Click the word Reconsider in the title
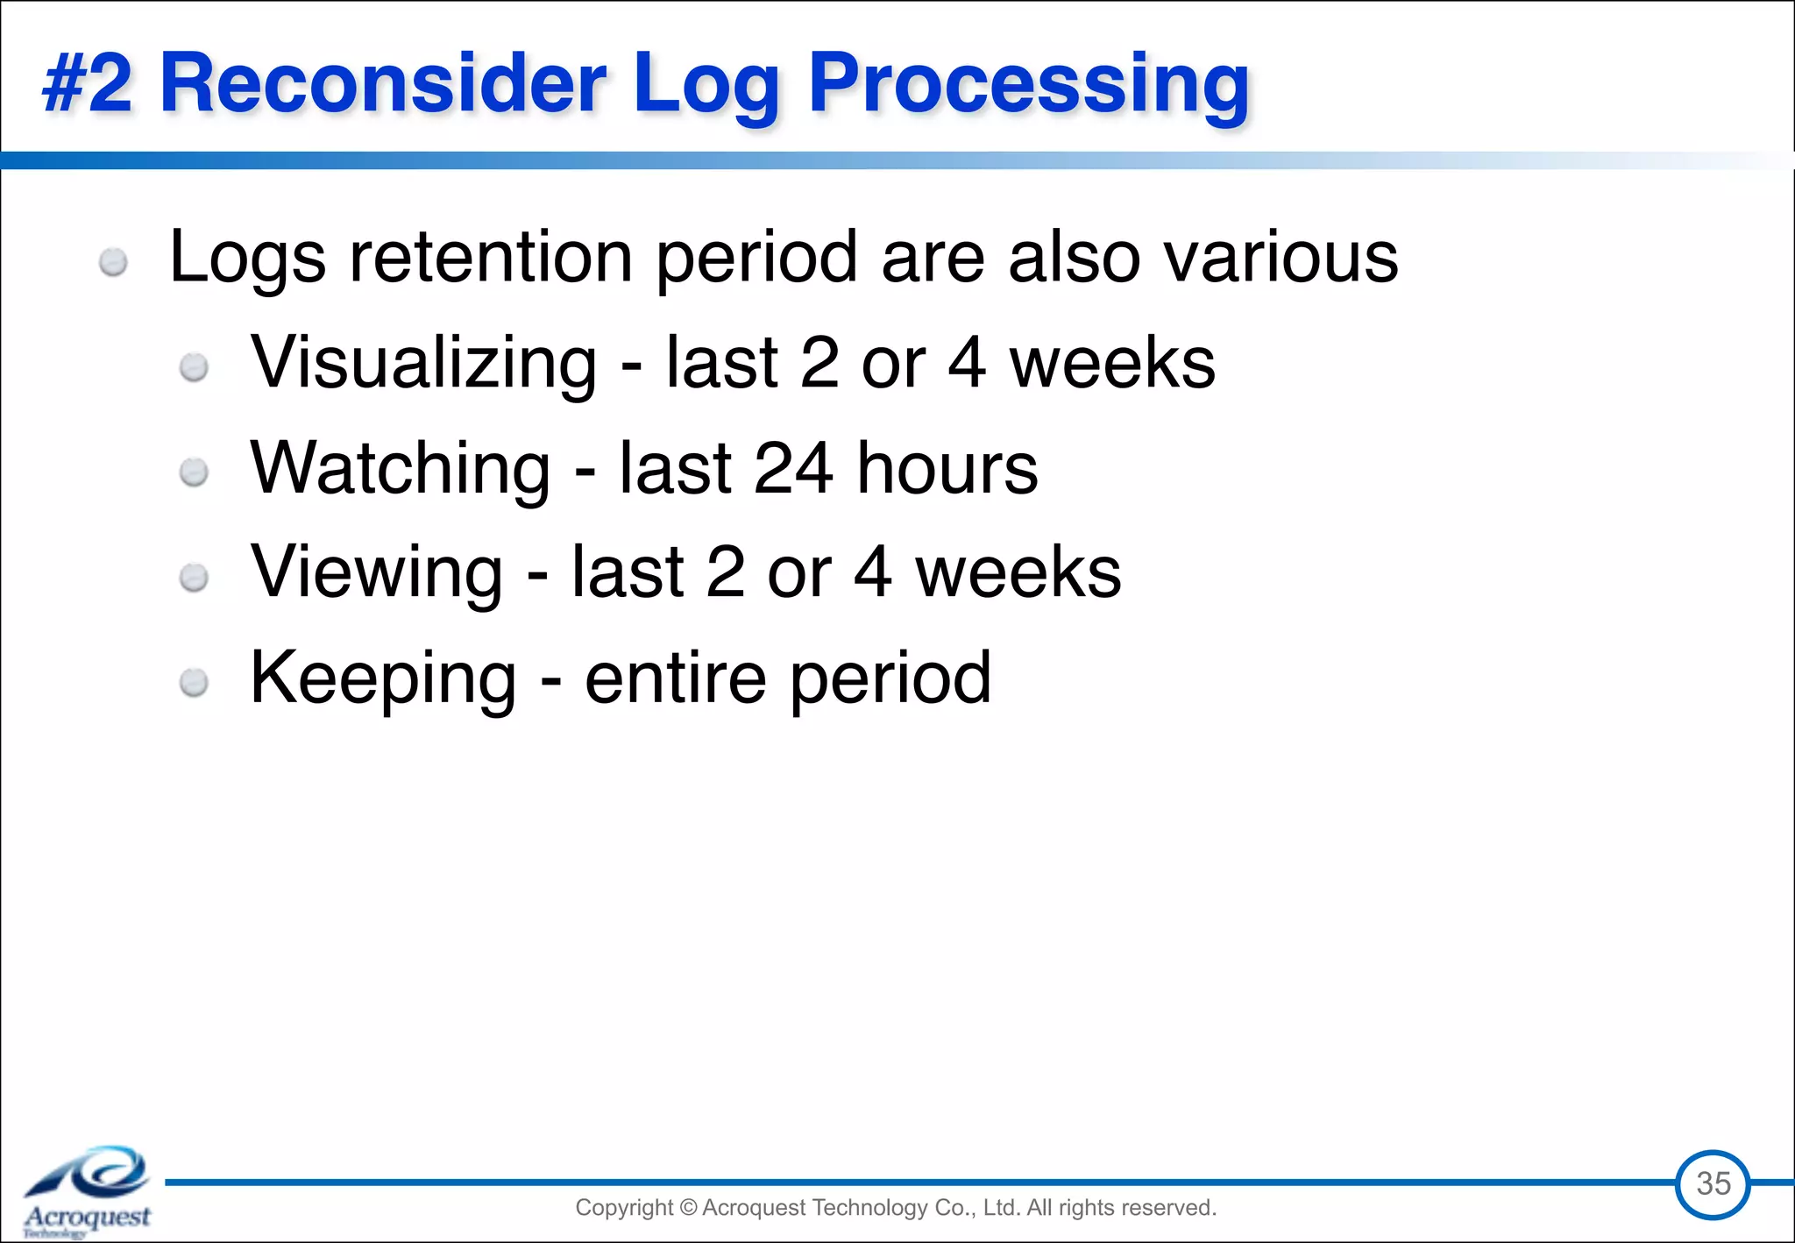[382, 83]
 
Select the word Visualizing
[423, 363]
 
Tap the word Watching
[400, 468]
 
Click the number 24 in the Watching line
[793, 468]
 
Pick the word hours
[947, 468]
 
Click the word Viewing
[377, 573]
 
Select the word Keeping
[383, 678]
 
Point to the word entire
[675, 678]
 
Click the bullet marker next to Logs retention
[113, 262]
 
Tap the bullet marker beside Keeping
[194, 683]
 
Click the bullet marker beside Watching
[194, 473]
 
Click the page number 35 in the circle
[1713, 1183]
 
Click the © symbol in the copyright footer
[687, 1208]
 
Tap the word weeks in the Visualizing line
[1111, 363]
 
